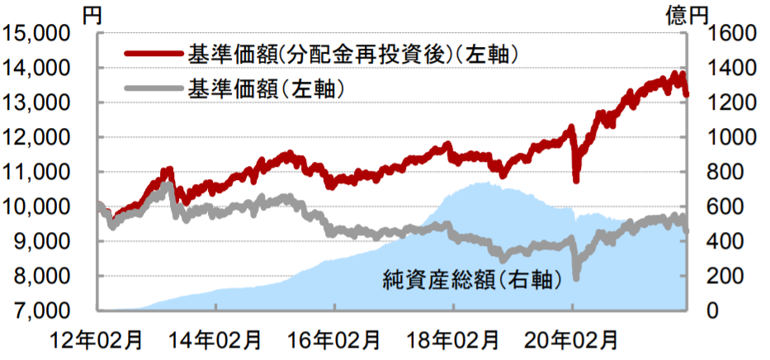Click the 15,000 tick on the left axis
(36, 33)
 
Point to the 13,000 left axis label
(36, 102)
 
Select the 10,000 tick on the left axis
(36, 206)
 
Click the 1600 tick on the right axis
(730, 33)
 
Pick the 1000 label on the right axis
(730, 138)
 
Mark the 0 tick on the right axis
(714, 311)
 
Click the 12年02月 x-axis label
(97, 340)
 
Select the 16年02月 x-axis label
(334, 340)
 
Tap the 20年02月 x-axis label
(572, 340)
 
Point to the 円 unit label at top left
(92, 15)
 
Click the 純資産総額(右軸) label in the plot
(471, 280)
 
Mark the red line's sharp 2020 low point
(576, 180)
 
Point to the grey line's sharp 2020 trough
(576, 278)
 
